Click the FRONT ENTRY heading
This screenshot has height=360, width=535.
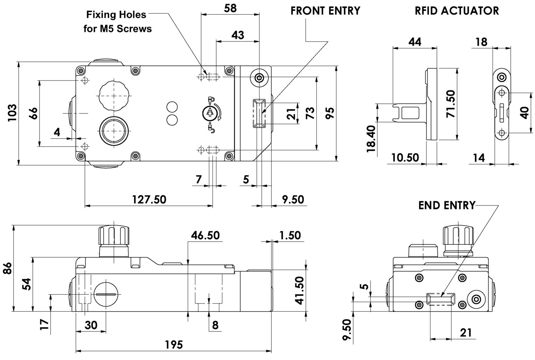coord(325,11)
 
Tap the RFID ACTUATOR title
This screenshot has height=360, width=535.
coord(457,11)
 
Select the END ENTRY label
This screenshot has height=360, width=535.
coord(447,206)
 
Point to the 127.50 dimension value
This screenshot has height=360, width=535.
coord(149,199)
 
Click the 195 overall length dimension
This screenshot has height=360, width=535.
coord(174,345)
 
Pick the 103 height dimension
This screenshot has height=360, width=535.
coord(12,113)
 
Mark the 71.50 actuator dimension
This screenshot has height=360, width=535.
coord(451,104)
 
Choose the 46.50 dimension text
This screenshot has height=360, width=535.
coord(205,235)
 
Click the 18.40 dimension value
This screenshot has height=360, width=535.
coord(371,139)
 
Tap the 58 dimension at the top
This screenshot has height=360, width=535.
coord(230,8)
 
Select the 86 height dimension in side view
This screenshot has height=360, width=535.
coord(7,268)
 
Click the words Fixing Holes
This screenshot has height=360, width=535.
coord(116,15)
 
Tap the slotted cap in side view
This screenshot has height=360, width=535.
coord(105,294)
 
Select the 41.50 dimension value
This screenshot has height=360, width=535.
coord(299,290)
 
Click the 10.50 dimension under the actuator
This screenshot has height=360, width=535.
coord(405,158)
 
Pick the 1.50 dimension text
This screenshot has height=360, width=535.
coord(290,235)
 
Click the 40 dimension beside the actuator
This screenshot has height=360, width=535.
coord(524,113)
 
